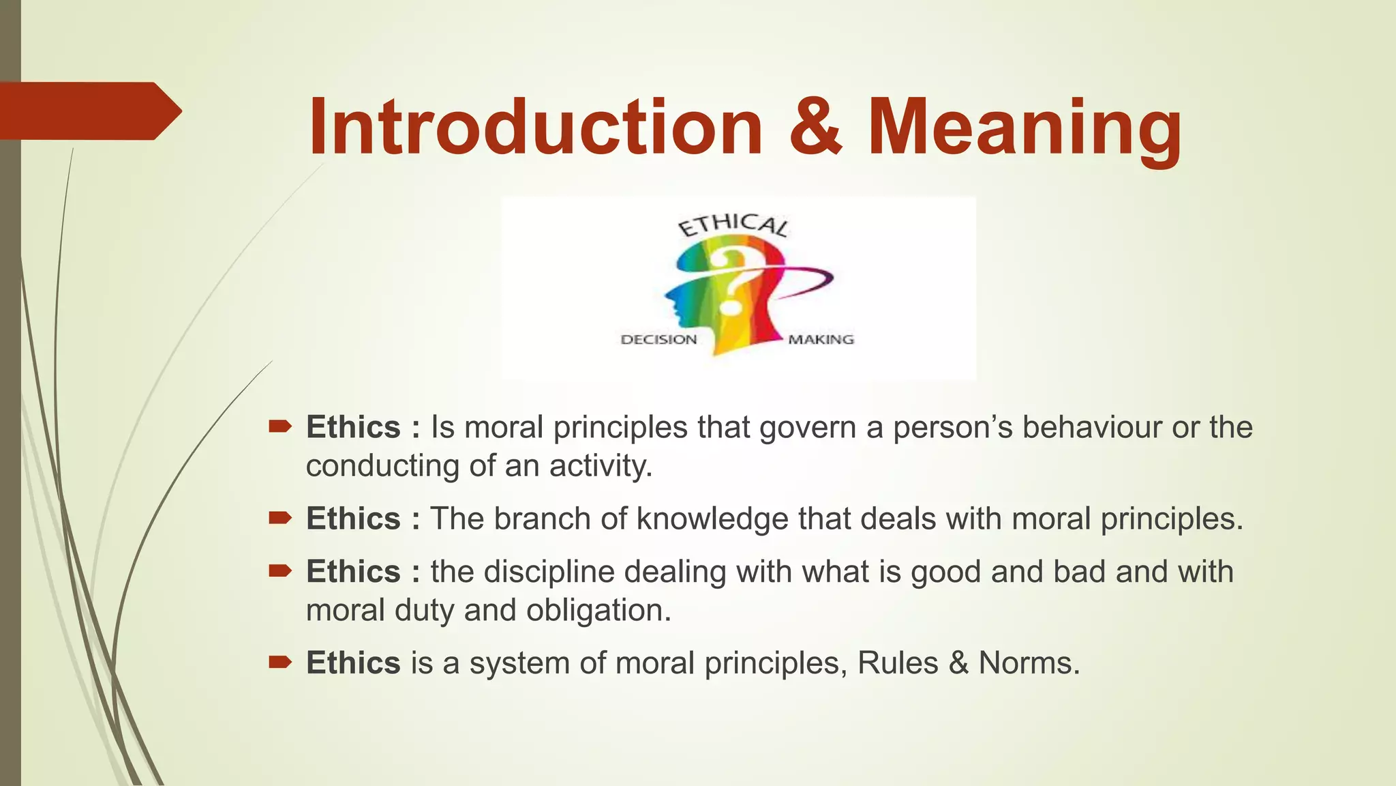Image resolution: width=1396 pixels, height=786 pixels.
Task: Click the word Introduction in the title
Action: [x=535, y=128]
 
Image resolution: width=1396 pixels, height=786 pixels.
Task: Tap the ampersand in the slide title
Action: [x=816, y=128]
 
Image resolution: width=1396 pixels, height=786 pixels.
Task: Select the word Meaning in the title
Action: [x=1025, y=130]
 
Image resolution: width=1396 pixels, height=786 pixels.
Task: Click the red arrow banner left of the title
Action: [x=89, y=111]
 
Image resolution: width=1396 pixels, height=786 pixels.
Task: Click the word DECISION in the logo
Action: [x=658, y=340]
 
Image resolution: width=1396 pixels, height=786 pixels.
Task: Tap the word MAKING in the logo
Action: [x=821, y=340]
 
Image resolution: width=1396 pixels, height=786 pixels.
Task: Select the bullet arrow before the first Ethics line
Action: [x=280, y=428]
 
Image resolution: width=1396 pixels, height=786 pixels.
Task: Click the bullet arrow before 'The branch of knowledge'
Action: [x=280, y=519]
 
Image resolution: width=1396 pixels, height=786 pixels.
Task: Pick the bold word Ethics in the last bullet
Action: [x=353, y=663]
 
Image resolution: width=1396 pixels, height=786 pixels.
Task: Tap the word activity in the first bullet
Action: [x=601, y=466]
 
